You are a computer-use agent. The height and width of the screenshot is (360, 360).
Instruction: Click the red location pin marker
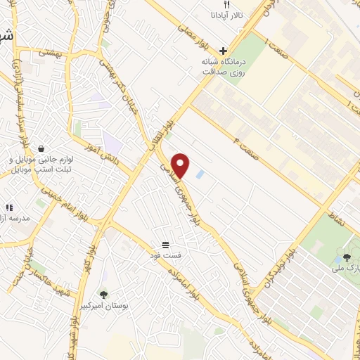(181, 165)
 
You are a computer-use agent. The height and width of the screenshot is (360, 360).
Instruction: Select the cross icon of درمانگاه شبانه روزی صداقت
(224, 51)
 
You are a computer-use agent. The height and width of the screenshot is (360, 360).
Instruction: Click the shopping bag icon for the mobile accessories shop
(42, 149)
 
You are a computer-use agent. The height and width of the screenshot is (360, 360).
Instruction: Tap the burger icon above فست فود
(165, 243)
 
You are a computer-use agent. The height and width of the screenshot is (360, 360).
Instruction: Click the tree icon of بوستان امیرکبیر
(104, 294)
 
